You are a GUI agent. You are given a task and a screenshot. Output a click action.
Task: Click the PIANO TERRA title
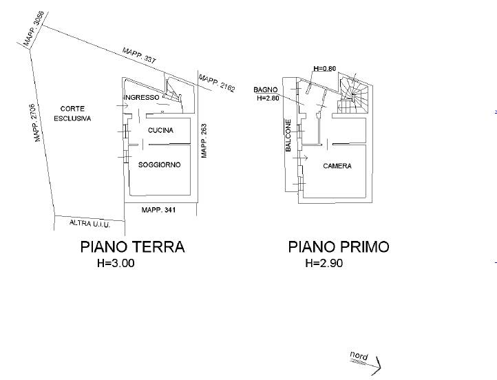132,247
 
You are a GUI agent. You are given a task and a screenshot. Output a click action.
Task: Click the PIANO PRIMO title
339,247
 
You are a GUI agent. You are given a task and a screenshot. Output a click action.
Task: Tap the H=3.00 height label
116,263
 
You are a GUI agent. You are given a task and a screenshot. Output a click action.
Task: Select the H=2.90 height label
324,263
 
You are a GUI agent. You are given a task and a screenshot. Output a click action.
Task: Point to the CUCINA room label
160,130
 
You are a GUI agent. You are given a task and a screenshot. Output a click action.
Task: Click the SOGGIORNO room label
160,165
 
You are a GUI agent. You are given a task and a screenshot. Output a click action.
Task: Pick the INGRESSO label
142,97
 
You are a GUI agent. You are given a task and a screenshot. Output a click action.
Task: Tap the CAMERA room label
337,166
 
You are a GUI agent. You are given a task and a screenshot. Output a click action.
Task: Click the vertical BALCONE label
288,136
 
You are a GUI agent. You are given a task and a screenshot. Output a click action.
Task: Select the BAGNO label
266,89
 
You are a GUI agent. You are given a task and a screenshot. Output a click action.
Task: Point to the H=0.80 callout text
325,68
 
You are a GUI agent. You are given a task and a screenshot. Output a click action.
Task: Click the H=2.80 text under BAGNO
268,98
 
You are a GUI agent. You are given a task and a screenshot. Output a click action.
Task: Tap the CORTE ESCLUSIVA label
72,114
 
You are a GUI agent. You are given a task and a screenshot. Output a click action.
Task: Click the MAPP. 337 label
139,56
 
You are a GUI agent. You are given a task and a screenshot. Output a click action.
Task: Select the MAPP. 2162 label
217,83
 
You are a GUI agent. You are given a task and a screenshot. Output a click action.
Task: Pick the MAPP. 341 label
158,210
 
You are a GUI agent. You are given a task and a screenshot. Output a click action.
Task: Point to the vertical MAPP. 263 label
204,140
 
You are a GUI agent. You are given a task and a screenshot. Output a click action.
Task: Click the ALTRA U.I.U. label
89,224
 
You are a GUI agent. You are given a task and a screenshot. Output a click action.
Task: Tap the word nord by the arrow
359,356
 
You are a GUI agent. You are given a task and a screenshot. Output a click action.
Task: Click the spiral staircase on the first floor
353,94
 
